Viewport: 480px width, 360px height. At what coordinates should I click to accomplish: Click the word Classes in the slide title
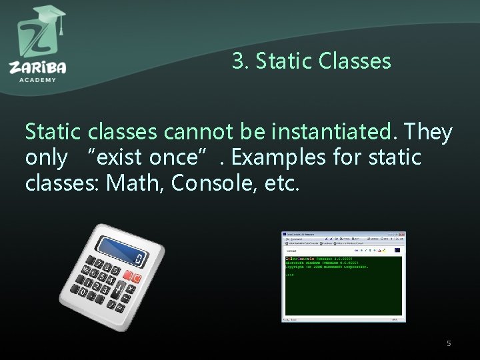point(355,61)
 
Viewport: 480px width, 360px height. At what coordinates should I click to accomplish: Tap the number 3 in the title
point(238,61)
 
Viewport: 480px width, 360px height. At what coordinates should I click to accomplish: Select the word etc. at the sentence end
point(279,183)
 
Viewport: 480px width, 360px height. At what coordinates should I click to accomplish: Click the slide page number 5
point(449,343)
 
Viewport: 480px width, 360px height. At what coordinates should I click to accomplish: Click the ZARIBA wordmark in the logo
point(37,67)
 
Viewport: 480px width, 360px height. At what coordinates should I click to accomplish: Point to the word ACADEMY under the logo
point(37,79)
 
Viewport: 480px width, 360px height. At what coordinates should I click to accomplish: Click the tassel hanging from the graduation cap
point(61,26)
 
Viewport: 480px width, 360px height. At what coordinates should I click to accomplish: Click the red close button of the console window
point(402,235)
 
